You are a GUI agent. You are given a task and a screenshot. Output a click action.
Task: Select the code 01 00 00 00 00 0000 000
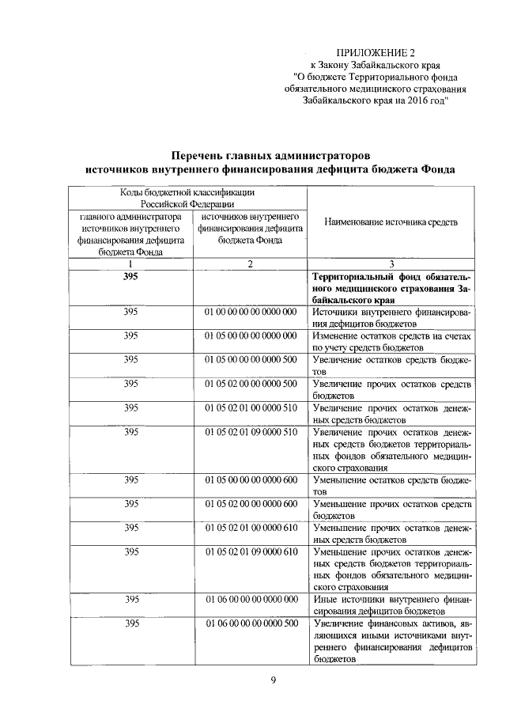tap(251, 313)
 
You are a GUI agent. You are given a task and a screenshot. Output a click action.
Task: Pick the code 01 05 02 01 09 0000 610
tap(251, 551)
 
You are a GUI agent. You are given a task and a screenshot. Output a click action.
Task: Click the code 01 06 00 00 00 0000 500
tap(251, 623)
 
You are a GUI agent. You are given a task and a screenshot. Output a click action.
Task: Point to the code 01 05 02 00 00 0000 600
tap(251, 504)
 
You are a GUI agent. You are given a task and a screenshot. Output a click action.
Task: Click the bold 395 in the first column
tap(131, 277)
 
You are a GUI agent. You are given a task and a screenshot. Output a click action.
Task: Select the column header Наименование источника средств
tap(391, 223)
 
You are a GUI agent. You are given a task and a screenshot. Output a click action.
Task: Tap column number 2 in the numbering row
tap(250, 264)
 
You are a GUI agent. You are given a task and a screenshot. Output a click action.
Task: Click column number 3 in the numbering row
tap(391, 264)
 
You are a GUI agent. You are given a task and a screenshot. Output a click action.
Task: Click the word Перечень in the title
tap(206, 154)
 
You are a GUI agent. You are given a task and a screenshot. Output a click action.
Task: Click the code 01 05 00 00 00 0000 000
tap(251, 336)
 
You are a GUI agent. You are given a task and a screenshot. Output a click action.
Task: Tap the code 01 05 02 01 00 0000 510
tap(251, 408)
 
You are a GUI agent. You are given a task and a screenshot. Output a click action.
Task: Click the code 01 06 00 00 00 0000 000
tap(251, 600)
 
